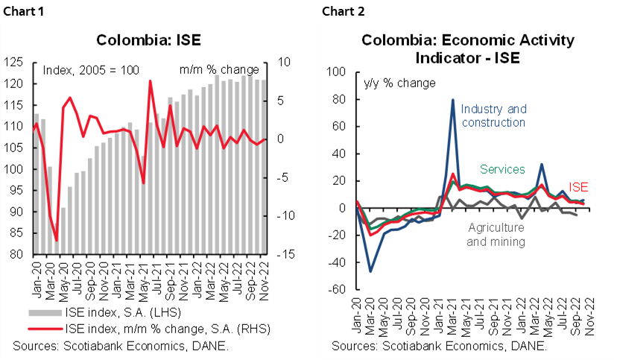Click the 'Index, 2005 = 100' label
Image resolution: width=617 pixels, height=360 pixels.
(91, 70)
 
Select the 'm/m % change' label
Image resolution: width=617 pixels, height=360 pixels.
(219, 70)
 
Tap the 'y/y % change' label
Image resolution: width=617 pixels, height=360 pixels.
(399, 83)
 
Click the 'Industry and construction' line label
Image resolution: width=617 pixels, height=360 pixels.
(493, 116)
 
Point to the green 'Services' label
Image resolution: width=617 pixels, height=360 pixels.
(502, 170)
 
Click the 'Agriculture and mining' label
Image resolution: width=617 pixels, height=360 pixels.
(496, 236)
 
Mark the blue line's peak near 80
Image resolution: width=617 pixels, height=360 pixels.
(452, 100)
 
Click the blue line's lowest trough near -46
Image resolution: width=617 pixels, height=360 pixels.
(371, 271)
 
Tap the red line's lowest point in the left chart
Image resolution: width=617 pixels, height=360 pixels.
(57, 241)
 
